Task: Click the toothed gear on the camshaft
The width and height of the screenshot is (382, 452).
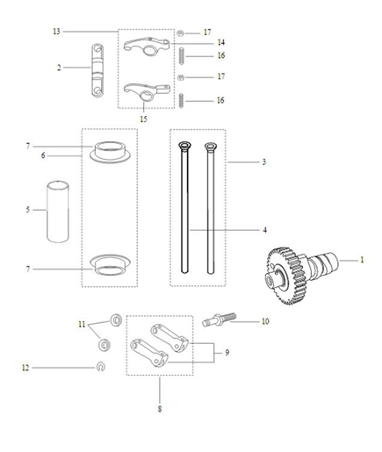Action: click(x=283, y=268)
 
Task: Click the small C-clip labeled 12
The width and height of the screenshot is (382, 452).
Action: click(x=102, y=367)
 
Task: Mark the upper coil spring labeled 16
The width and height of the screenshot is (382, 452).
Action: click(x=181, y=56)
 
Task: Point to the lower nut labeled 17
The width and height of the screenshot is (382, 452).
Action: click(x=181, y=77)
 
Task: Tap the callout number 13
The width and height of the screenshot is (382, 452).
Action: click(x=56, y=32)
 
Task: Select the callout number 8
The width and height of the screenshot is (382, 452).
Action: click(x=158, y=409)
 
